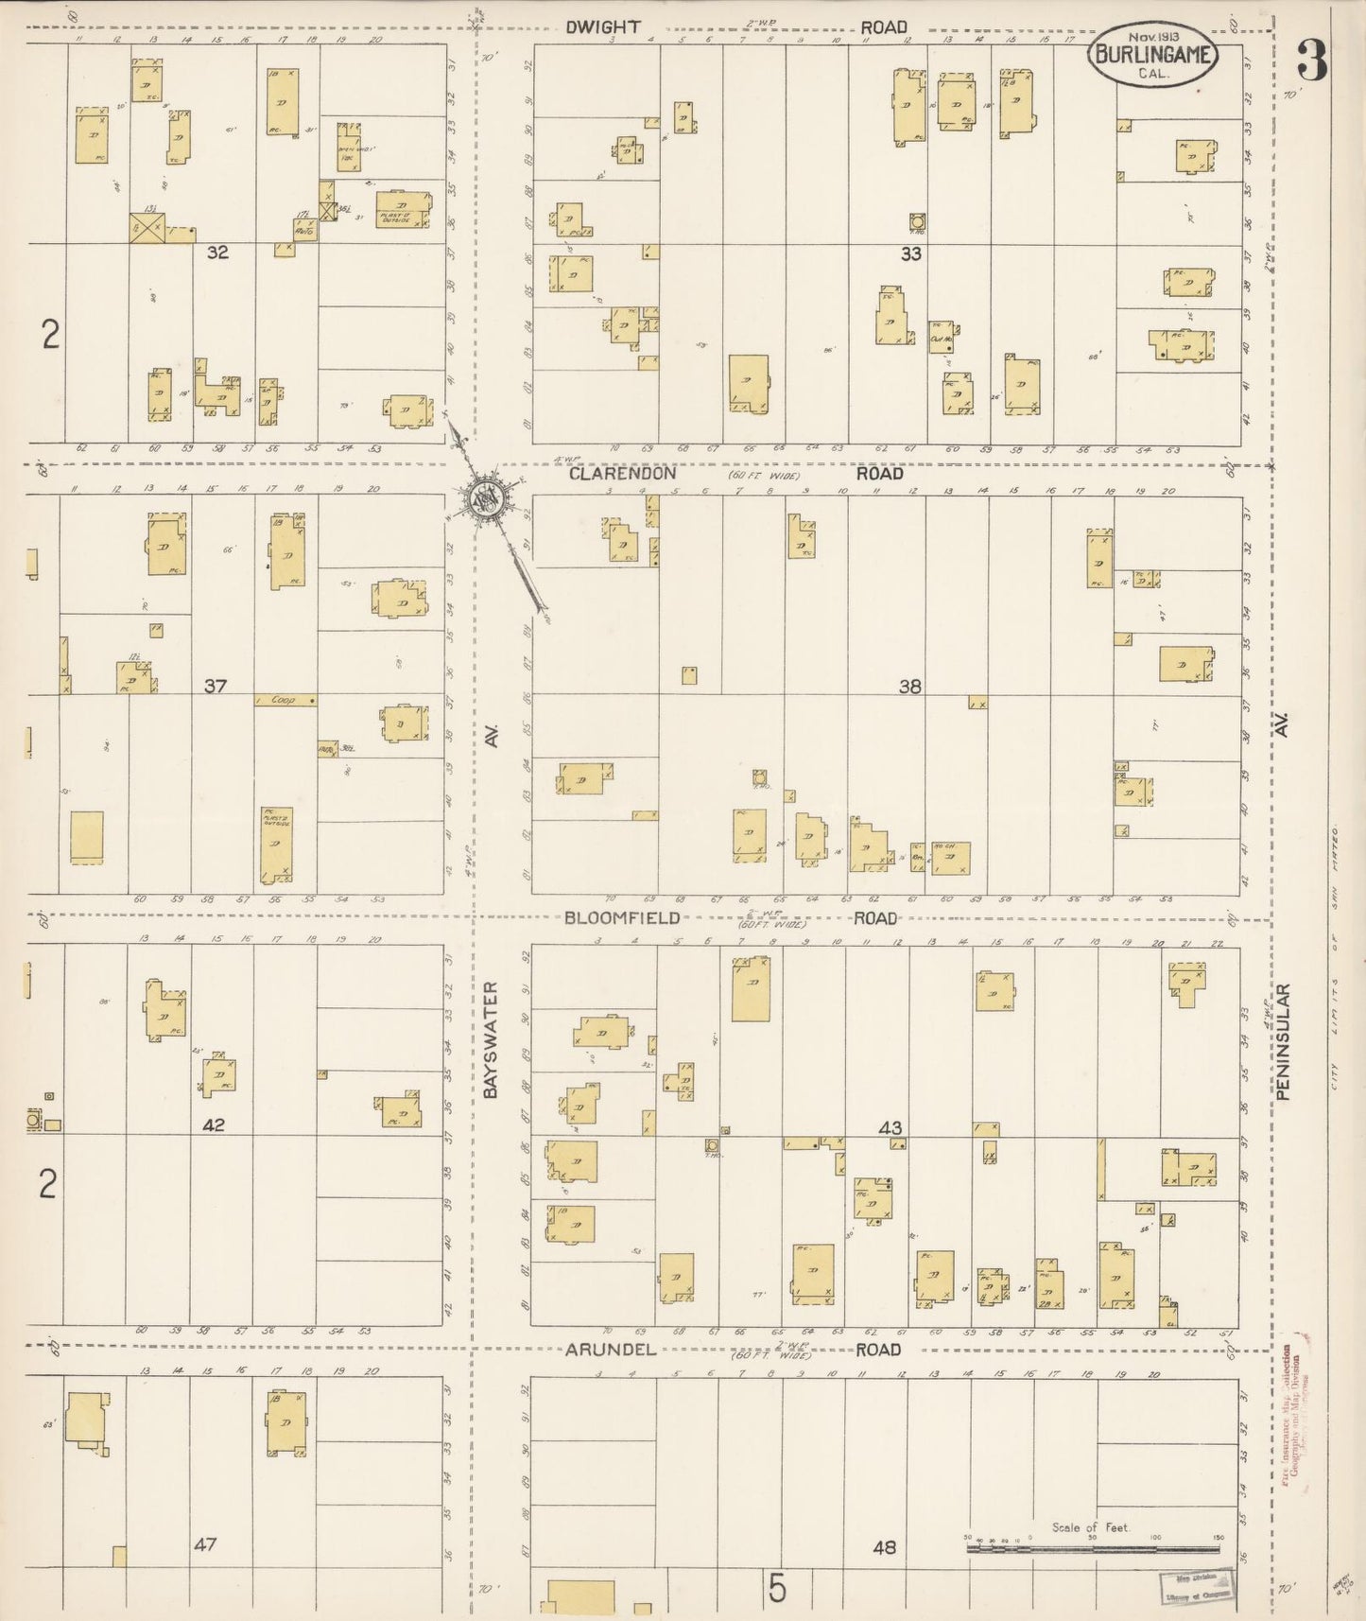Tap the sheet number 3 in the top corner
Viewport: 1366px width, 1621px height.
click(1311, 61)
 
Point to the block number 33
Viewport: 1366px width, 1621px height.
click(910, 253)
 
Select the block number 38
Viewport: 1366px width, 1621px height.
click(909, 687)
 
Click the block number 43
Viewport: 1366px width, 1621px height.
click(890, 1127)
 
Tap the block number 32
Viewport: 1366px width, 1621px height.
click(217, 253)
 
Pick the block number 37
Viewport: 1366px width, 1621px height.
click(216, 686)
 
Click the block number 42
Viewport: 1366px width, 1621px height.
click(214, 1125)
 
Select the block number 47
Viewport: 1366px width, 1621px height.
click(205, 1544)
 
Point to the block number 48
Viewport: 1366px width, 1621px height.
click(884, 1548)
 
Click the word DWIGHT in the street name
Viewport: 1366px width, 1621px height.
click(603, 27)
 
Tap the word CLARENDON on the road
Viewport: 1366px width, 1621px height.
click(622, 474)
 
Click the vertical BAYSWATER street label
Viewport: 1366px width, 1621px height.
click(490, 1040)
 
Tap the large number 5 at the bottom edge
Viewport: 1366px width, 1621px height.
click(776, 1589)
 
